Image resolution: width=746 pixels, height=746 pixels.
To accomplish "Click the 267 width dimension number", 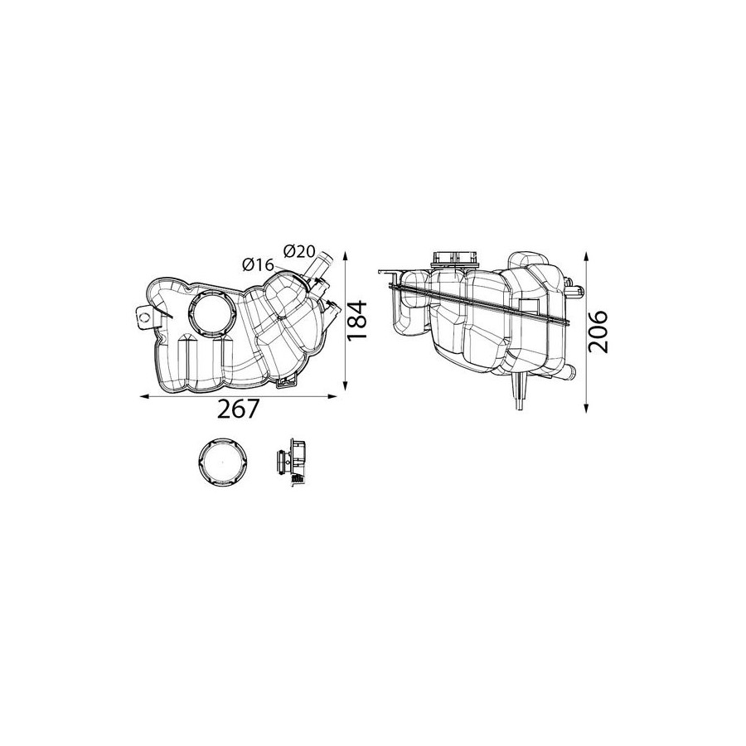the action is (239, 409).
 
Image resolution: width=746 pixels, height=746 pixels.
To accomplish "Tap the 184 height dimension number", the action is (358, 320).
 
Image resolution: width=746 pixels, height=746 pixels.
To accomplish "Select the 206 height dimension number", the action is (598, 332).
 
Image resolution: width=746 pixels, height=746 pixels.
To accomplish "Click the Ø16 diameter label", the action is (259, 264).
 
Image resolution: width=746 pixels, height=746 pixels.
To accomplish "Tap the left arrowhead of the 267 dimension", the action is (143, 396).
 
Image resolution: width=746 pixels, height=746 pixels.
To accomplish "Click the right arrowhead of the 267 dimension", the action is (332, 396).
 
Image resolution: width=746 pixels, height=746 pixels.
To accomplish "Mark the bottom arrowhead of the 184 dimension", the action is (346, 385).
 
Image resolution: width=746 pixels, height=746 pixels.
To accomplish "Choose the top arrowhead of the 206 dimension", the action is (587, 257).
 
